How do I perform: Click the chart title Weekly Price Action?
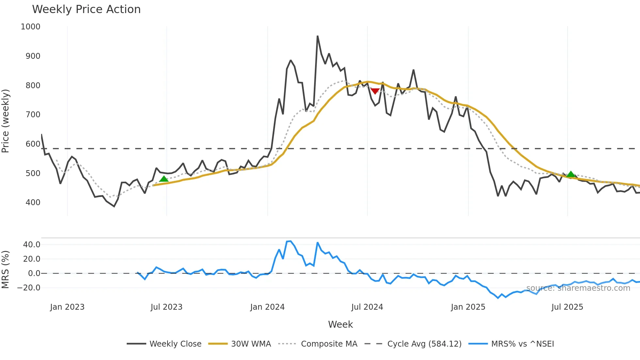pos(86,9)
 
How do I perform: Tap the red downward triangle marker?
pos(375,91)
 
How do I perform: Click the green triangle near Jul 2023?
pos(164,179)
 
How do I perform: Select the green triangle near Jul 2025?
pos(570,174)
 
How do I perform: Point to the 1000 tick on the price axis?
pos(30,27)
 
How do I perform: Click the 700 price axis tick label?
pos(33,115)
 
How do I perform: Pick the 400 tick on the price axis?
pos(33,203)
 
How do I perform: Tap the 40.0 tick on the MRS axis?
pos(32,245)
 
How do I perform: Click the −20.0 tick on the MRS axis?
pos(29,288)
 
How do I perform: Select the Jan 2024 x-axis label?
pos(267,307)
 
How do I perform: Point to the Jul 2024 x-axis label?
pos(367,307)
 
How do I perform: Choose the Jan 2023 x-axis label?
pos(67,307)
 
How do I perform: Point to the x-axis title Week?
pos(340,324)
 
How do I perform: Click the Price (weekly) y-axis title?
pos(6,121)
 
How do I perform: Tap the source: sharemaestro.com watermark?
pos(578,288)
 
